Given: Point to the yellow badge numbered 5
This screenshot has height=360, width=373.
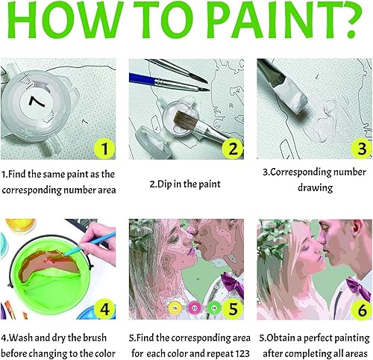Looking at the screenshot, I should tap(231, 308).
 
